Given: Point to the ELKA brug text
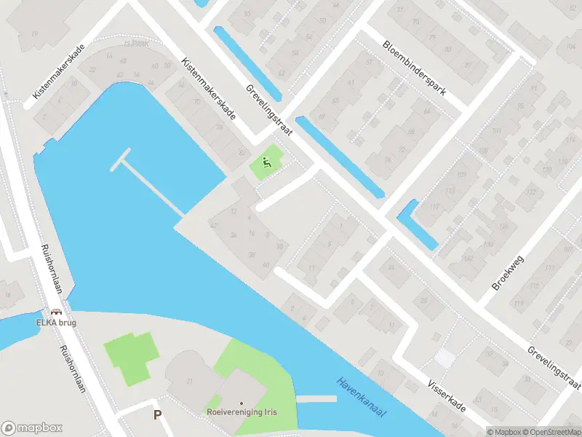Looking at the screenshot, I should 56,322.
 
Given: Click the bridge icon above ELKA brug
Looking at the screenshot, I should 56,312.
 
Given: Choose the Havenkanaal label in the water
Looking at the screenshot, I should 361,397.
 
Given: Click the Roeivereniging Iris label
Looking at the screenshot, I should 242,413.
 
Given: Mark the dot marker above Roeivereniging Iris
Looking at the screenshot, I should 242,403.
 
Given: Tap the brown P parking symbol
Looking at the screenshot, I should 157,414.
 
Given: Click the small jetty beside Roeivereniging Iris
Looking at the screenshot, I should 316,399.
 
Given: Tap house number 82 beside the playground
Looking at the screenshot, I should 242,151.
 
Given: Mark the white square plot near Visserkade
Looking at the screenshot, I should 444,358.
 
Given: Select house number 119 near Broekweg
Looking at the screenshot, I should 519,304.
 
